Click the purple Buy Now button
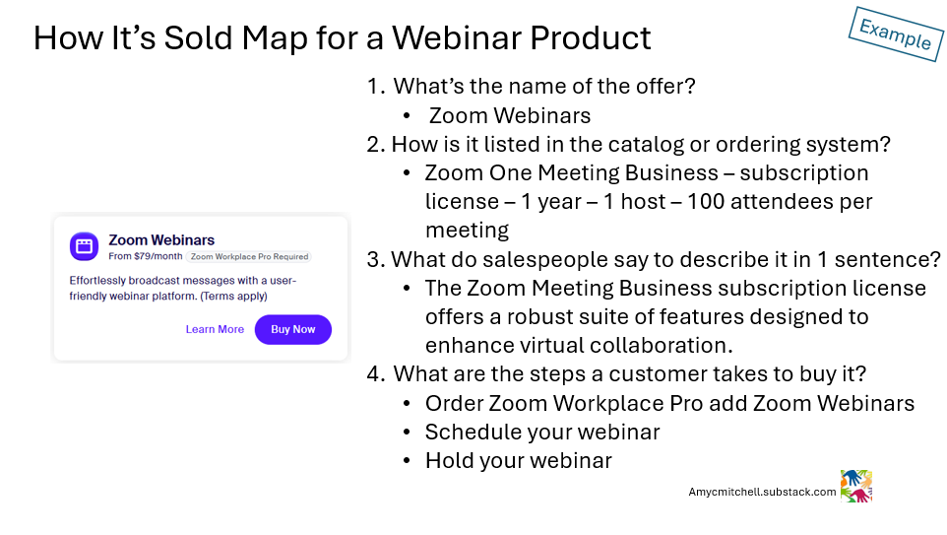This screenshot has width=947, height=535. click(292, 329)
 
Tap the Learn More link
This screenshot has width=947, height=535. click(215, 329)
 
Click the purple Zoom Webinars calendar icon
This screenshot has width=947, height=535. click(84, 246)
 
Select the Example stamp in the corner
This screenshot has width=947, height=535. click(895, 33)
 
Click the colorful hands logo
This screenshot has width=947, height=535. click(856, 486)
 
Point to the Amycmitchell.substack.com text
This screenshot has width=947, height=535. click(762, 491)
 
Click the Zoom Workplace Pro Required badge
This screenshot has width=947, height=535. click(249, 256)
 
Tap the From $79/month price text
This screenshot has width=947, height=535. click(146, 256)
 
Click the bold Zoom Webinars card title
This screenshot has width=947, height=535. click(161, 239)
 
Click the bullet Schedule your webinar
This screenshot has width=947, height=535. click(542, 432)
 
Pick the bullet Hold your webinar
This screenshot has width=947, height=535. click(518, 460)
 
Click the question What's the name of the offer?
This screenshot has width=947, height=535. click(544, 86)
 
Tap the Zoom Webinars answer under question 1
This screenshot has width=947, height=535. click(510, 115)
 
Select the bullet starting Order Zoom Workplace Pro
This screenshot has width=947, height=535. click(669, 403)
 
